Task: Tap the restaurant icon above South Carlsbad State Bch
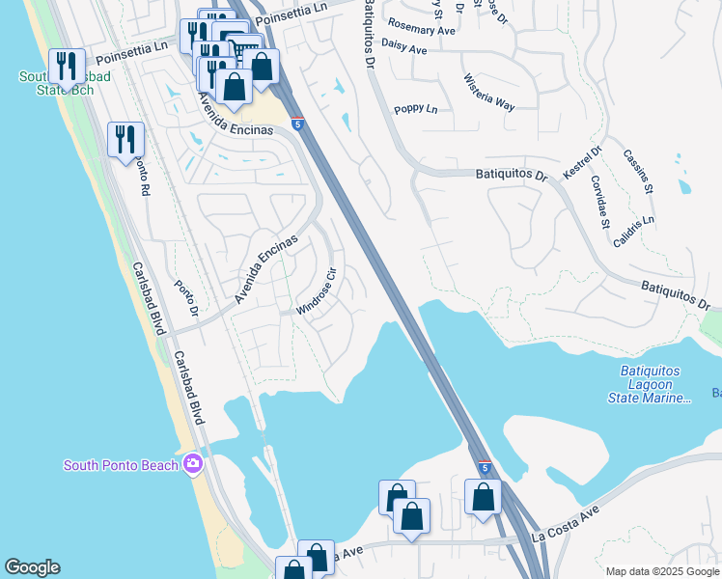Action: coord(67,66)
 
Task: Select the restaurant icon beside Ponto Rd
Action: coord(126,140)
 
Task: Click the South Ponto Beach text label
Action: coord(121,465)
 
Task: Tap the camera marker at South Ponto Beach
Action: coord(193,464)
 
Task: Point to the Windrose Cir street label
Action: coord(317,291)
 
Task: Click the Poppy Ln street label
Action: coord(416,109)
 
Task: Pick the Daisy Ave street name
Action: coord(404,47)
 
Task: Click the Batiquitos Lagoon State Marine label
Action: coord(651,384)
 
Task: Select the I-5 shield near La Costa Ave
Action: coord(483,467)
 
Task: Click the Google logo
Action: coord(32,567)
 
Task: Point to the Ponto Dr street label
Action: coord(185,299)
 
